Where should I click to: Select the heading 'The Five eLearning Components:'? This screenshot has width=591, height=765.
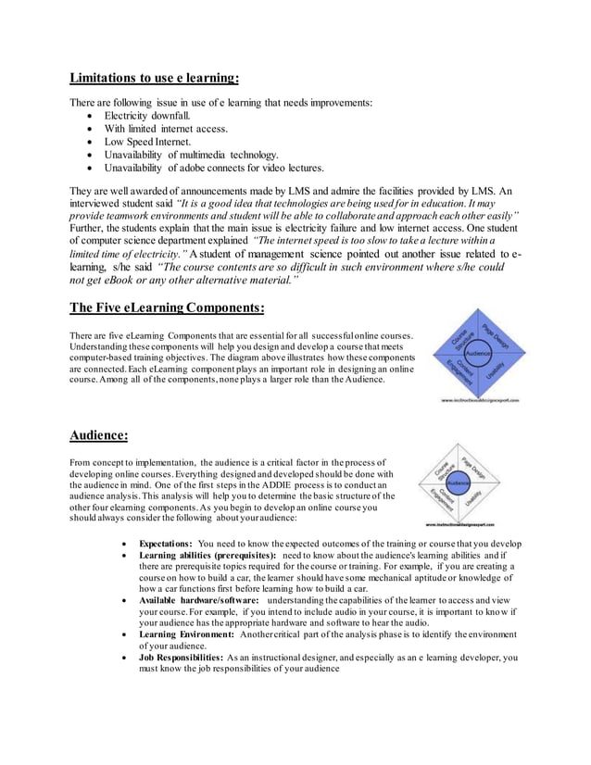[x=168, y=308]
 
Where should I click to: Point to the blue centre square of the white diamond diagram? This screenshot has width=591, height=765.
[x=459, y=484]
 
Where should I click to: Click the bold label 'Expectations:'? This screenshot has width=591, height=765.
[x=165, y=544]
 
